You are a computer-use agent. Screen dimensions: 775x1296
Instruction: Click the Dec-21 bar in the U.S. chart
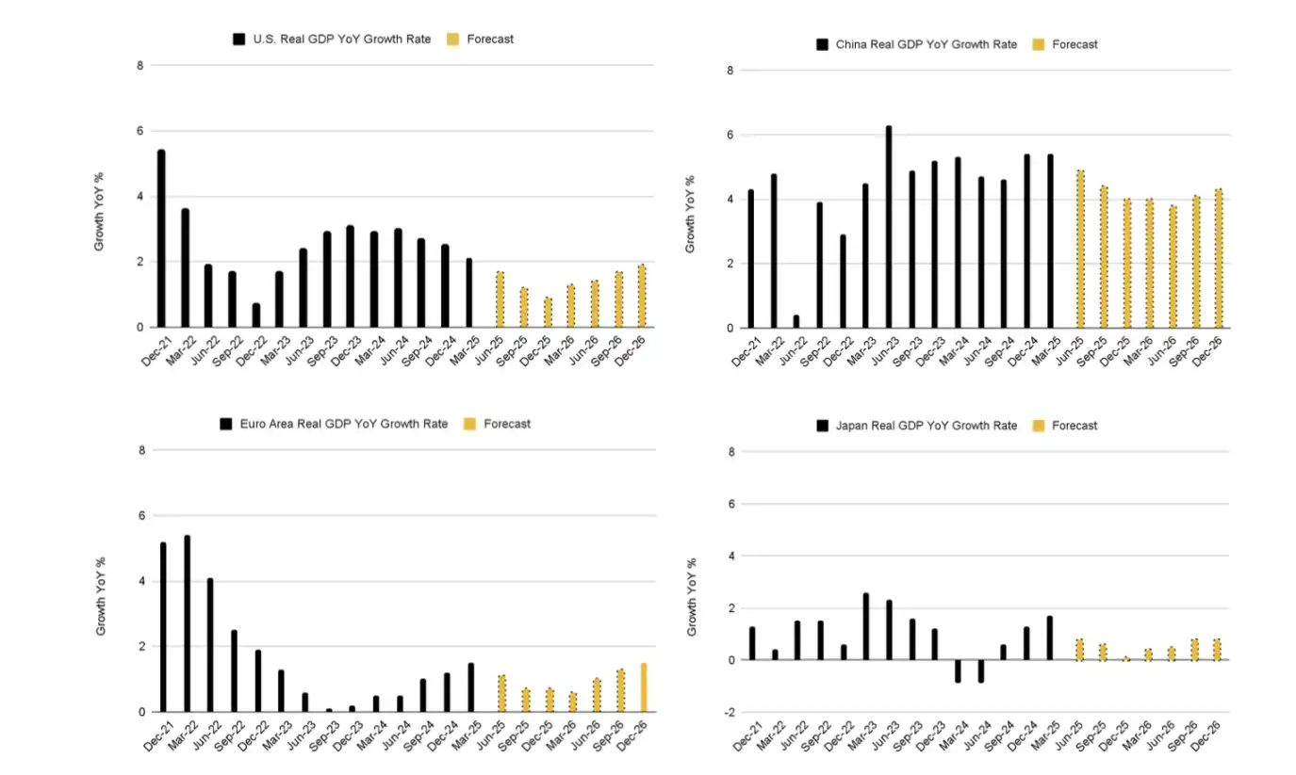point(161,238)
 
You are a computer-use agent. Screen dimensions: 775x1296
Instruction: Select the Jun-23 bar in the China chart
point(888,227)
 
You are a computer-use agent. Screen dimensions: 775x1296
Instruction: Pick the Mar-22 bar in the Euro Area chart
point(187,623)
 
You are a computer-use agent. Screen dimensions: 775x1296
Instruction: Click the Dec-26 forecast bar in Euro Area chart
point(644,687)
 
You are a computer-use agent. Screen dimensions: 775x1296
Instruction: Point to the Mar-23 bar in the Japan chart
point(865,626)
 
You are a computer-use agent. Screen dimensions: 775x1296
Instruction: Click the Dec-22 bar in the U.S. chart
point(255,315)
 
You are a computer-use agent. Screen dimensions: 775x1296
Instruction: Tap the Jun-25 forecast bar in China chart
point(1079,250)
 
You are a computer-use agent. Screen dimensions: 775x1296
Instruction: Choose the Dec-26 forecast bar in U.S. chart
point(642,296)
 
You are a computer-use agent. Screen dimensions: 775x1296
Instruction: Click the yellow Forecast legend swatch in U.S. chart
point(452,40)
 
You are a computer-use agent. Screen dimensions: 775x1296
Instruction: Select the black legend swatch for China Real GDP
point(822,44)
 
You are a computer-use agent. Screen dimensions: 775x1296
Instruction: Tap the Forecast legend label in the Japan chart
point(1075,426)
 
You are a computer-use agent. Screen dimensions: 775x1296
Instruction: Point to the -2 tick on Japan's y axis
point(730,712)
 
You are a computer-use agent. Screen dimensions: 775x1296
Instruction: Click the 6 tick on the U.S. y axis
point(139,131)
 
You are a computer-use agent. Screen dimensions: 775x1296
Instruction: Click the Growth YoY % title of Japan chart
point(691,597)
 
